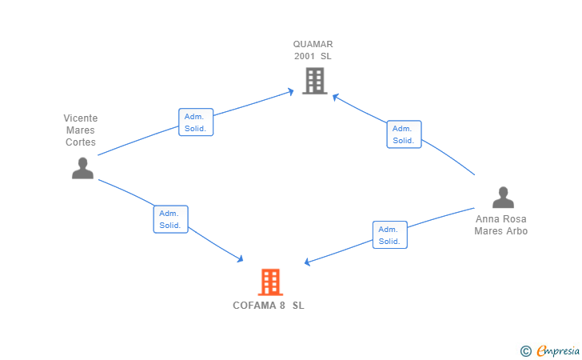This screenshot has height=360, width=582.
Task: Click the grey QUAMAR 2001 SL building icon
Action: point(314,81)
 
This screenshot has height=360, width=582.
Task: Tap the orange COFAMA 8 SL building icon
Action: point(270,282)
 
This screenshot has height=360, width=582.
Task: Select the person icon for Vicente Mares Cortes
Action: point(82,168)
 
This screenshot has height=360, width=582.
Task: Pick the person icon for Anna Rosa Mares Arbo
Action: point(503,198)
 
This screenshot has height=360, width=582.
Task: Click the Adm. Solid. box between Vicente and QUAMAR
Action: point(196,122)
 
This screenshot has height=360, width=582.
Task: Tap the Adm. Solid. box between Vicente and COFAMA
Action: point(170,219)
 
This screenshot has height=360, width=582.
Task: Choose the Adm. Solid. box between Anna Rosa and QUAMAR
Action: point(404,134)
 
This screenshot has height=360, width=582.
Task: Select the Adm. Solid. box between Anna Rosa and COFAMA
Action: point(390,235)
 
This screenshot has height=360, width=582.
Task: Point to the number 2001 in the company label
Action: point(305,57)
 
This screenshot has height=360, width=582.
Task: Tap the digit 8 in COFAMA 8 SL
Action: point(282,306)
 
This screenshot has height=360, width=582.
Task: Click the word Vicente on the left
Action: point(81,118)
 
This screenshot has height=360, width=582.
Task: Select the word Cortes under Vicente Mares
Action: point(81,142)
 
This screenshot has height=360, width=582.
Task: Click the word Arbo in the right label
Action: point(516,231)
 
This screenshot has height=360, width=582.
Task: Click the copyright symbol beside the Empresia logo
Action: point(525,350)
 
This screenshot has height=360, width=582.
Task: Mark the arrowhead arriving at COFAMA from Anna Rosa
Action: point(308,262)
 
